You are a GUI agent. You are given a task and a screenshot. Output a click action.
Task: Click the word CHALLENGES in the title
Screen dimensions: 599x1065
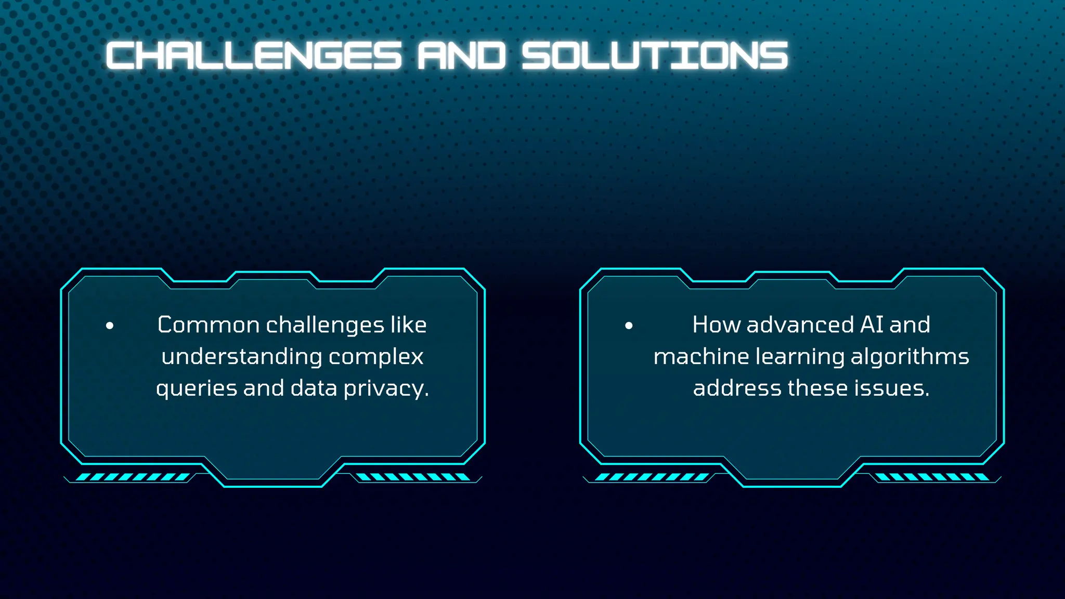tap(254, 56)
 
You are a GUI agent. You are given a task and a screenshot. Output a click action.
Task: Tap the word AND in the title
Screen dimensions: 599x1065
tap(461, 56)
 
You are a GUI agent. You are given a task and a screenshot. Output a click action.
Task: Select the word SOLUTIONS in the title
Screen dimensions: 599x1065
tap(655, 56)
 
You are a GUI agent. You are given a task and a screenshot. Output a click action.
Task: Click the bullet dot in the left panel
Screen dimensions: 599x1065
tap(110, 326)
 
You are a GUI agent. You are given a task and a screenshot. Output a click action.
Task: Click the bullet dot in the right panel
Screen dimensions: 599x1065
tap(629, 326)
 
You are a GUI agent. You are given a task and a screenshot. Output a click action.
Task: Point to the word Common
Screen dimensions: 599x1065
tap(209, 325)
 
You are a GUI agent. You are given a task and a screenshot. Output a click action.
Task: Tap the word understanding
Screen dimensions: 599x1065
tap(242, 357)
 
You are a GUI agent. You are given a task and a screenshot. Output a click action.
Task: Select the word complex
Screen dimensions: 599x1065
tap(376, 357)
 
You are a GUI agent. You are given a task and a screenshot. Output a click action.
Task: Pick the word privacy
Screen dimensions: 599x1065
tap(386, 389)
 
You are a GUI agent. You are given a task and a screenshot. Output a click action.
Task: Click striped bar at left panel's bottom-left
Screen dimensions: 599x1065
tap(133, 477)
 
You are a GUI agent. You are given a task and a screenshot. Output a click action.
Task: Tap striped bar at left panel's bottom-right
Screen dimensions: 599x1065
tap(413, 477)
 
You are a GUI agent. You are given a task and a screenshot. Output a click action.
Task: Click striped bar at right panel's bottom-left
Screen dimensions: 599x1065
tap(652, 477)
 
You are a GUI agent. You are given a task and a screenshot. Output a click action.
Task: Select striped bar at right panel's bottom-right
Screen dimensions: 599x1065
tap(932, 477)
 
